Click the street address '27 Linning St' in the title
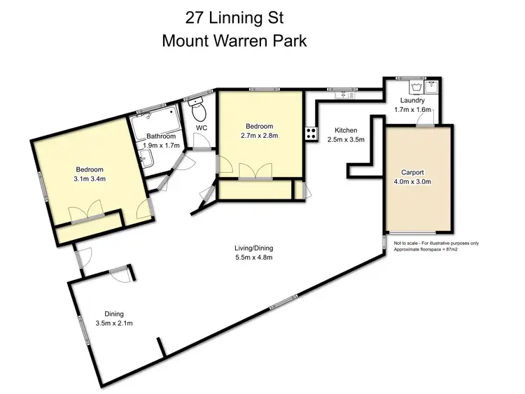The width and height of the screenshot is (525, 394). click(x=234, y=15)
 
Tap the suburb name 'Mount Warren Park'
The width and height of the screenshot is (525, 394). click(x=234, y=40)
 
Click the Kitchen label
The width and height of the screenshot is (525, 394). click(x=346, y=130)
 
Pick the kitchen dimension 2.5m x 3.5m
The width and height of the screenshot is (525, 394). click(x=346, y=140)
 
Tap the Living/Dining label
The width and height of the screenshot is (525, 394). click(x=253, y=248)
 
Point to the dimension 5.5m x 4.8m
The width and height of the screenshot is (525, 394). click(x=253, y=258)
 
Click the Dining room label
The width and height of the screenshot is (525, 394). click(x=114, y=314)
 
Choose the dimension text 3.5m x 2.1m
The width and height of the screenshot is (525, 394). click(x=114, y=323)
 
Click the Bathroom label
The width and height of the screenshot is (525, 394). click(x=161, y=136)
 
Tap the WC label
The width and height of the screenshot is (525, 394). click(x=202, y=128)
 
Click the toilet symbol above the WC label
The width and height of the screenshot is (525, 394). click(x=198, y=111)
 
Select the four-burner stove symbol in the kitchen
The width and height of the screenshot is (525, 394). click(x=310, y=133)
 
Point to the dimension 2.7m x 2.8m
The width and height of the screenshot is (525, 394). click(x=260, y=136)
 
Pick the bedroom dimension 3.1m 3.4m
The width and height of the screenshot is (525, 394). click(x=90, y=179)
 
